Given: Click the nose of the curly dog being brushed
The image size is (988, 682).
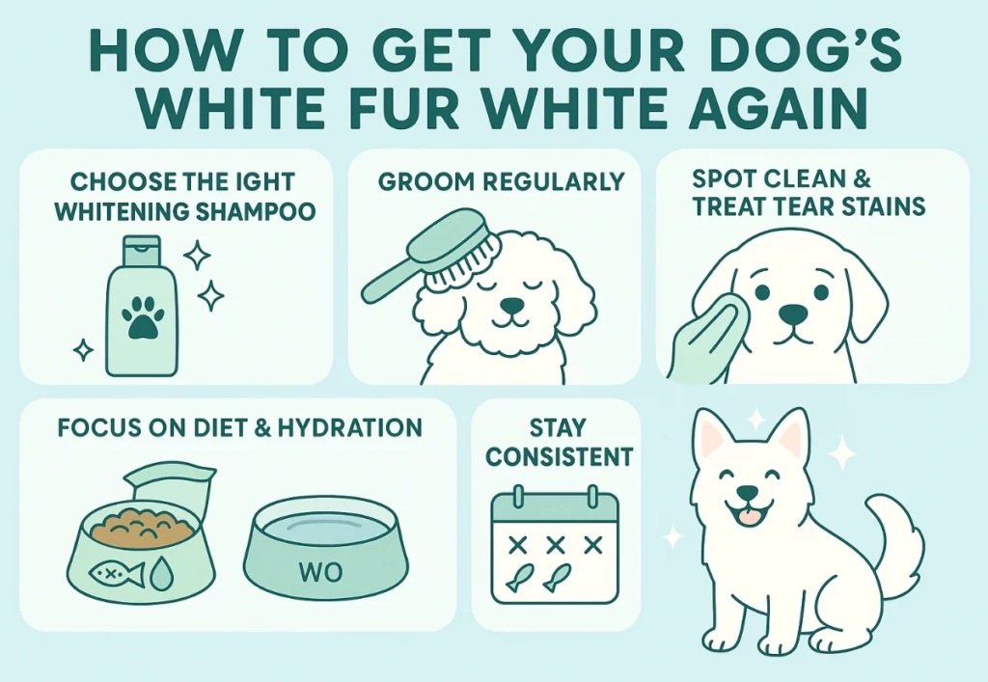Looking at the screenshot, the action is pos(512,305).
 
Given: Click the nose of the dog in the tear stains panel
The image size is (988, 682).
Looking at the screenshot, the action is pos(793,312).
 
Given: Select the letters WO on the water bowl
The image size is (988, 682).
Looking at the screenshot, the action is pos(320,572).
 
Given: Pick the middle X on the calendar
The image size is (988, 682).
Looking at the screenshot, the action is pos(555,544).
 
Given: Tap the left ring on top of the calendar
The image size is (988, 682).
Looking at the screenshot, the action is pos(518,496).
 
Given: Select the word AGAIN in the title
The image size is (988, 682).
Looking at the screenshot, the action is pos(780,107).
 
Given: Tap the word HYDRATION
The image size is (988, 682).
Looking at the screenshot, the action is pos(349,427).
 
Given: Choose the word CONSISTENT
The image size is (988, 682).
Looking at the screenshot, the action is pos(560,457).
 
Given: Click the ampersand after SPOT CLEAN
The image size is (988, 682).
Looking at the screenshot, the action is pos(863,178).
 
